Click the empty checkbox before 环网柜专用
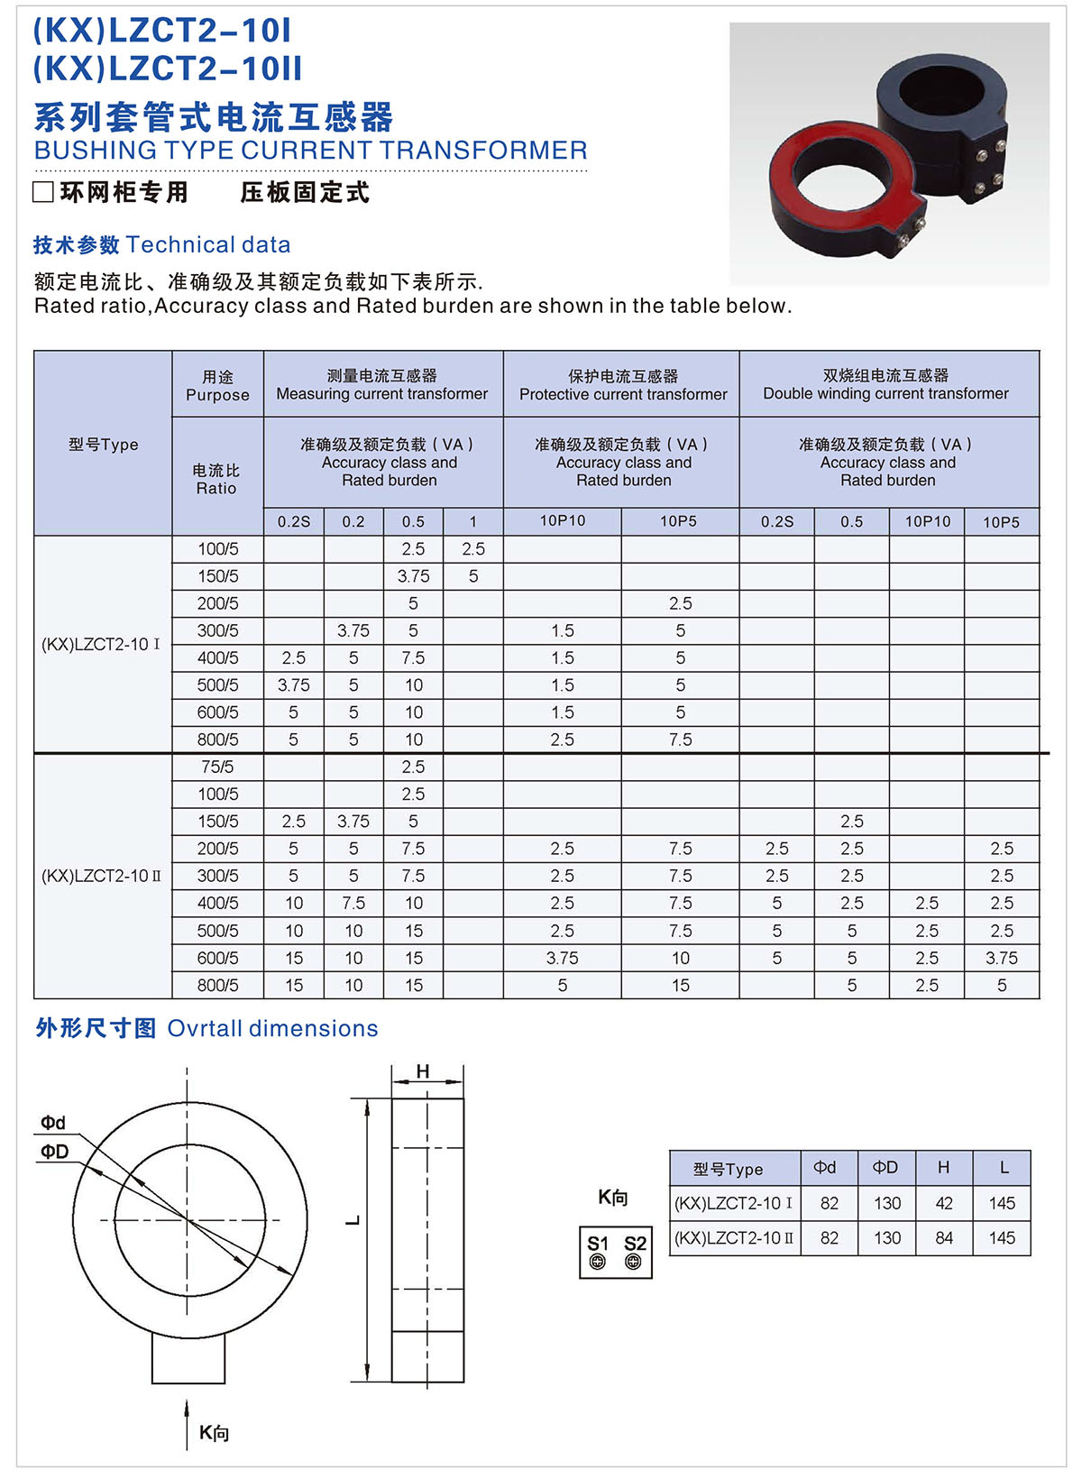[x=42, y=192]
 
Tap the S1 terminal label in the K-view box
[x=598, y=1244]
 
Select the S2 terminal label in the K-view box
[x=635, y=1244]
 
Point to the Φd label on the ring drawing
[x=53, y=1123]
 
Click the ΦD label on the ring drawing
[x=54, y=1152]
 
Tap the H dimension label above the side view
[x=423, y=1071]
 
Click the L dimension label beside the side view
[x=353, y=1220]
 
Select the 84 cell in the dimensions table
[x=944, y=1238]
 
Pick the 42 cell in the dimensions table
[x=944, y=1203]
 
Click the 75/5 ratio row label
[x=217, y=767]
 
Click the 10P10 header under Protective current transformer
[x=563, y=521]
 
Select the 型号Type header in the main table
[x=103, y=445]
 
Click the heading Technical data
[x=208, y=244]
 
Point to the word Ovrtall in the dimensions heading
[x=206, y=1028]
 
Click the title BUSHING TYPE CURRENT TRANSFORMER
[x=310, y=150]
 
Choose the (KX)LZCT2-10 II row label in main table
[x=102, y=876]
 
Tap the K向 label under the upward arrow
[x=214, y=1433]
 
